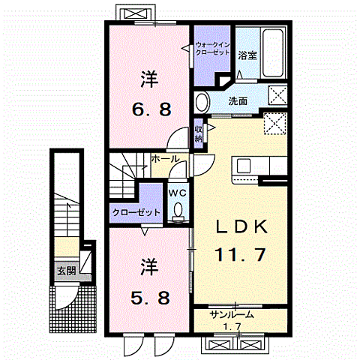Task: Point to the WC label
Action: click(x=177, y=191)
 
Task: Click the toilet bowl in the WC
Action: click(x=177, y=213)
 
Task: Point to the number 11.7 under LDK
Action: click(x=239, y=256)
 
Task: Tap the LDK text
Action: click(x=238, y=227)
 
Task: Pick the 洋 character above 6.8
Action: click(x=149, y=77)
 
